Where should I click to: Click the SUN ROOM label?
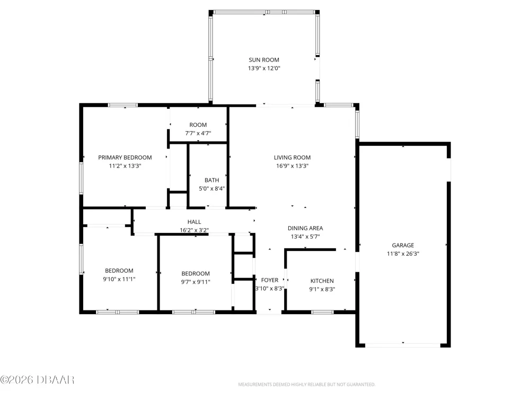[x=264, y=60]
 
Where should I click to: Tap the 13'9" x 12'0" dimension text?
[x=264, y=68]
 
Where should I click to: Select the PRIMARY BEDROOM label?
[x=125, y=158]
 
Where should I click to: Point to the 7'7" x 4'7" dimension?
[x=198, y=133]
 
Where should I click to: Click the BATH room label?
[x=211, y=180]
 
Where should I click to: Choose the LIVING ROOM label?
[x=293, y=158]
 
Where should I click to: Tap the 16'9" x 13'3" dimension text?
[x=293, y=166]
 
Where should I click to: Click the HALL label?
[x=195, y=222]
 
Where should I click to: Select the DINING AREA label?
[x=305, y=228]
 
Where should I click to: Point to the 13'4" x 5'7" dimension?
[x=305, y=237]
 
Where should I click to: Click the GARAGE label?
[x=403, y=245]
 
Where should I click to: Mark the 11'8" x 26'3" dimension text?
[x=403, y=254]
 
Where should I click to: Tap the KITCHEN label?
[x=322, y=281]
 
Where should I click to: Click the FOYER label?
[x=270, y=280]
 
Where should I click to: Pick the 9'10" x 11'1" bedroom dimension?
[x=119, y=279]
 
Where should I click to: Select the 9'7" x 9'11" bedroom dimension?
[x=196, y=282]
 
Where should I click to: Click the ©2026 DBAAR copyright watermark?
[x=37, y=380]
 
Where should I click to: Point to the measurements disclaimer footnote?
[x=306, y=384]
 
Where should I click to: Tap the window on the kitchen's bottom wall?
[x=322, y=312]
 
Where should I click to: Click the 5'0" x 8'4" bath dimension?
[x=211, y=189]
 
